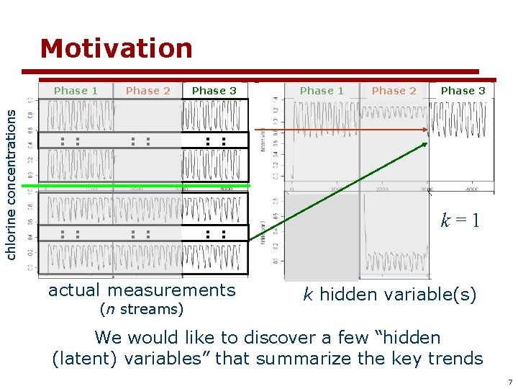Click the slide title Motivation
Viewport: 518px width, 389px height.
[x=117, y=49]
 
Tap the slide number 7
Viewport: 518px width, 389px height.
[x=509, y=381]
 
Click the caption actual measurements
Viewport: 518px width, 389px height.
[x=142, y=290]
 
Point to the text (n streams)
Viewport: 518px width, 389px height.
[x=141, y=310]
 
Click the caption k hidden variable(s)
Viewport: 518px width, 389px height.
[x=389, y=294]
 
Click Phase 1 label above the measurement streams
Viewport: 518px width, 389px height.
[x=76, y=91]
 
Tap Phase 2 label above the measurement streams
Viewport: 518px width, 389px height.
[x=147, y=91]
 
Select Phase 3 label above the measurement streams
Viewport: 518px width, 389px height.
[x=214, y=91]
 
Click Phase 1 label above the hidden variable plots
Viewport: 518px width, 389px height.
[x=322, y=91]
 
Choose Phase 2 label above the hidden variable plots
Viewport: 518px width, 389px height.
[x=394, y=91]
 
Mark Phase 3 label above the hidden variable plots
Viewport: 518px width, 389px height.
[x=463, y=91]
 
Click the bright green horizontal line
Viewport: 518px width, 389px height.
[x=137, y=186]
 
